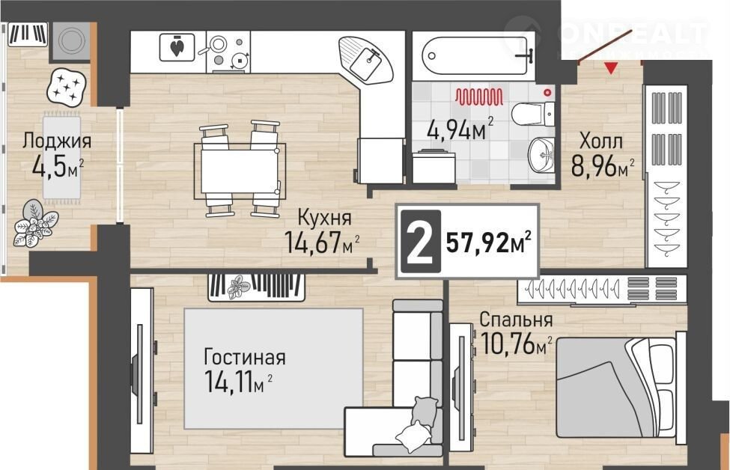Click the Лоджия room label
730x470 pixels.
[57, 141]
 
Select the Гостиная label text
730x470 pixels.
[245, 358]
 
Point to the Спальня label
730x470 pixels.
[517, 320]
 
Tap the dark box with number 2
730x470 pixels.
[420, 241]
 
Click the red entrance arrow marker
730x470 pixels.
[611, 68]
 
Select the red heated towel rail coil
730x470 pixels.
[479, 97]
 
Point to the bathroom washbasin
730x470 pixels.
[541, 154]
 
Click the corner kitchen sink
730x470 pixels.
[366, 59]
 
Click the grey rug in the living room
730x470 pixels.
[273, 368]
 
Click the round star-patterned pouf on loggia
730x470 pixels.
[66, 86]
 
